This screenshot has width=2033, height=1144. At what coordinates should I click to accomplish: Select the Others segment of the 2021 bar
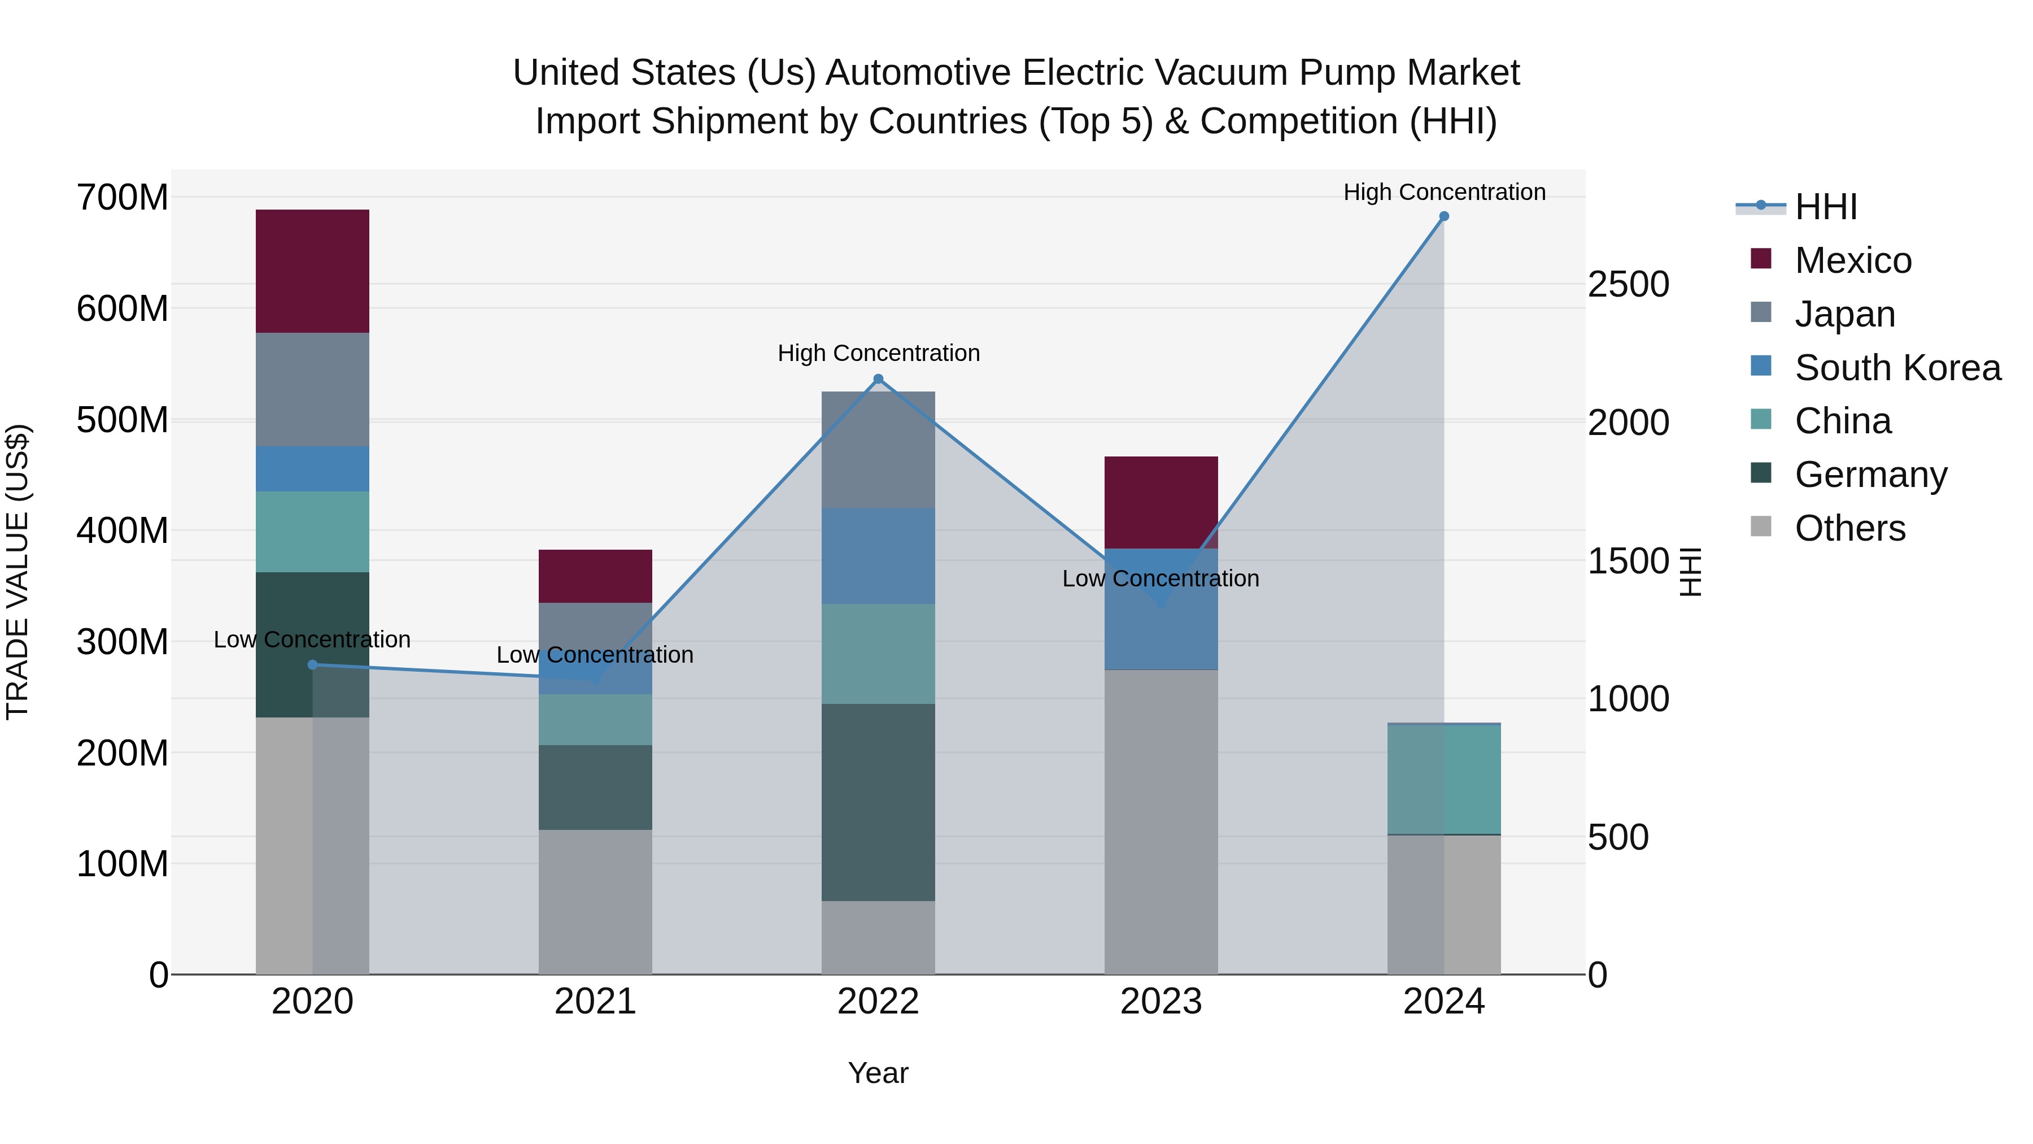[x=595, y=901]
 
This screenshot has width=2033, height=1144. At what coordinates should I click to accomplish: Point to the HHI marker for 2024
[x=1443, y=216]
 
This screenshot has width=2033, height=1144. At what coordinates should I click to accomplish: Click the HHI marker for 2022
[x=878, y=379]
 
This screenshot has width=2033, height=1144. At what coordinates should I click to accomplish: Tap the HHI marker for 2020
[x=312, y=665]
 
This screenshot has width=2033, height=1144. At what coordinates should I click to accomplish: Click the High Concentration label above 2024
[x=1443, y=192]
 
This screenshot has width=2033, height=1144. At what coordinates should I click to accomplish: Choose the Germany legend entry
[x=1870, y=475]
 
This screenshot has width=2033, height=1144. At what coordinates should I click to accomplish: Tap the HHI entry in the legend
[x=1825, y=207]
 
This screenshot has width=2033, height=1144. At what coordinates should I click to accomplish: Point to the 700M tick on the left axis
[x=123, y=197]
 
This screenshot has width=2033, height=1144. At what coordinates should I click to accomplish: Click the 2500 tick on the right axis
[x=1628, y=285]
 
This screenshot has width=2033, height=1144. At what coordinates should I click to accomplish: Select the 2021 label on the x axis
[x=595, y=1002]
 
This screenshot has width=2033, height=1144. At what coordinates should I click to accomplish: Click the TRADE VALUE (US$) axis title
[x=18, y=572]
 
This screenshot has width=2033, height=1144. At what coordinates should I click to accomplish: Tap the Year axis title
[x=878, y=1073]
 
